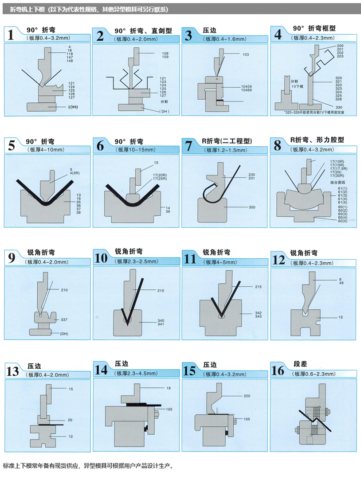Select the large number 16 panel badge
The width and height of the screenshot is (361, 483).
coord(278,370)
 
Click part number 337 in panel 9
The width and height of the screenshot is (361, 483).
coord(64,319)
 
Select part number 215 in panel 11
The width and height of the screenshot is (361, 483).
coord(258,287)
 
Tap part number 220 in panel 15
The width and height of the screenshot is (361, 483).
coord(247,396)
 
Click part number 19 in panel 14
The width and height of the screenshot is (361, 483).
coord(169,388)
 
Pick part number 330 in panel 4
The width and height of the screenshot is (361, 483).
coord(339,108)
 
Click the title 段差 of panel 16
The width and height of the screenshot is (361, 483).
coord(300,364)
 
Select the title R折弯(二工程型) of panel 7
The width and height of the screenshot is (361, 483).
coord(227,141)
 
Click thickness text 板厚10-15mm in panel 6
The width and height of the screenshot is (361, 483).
coord(136,150)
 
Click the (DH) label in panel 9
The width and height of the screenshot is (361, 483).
coord(64,333)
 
